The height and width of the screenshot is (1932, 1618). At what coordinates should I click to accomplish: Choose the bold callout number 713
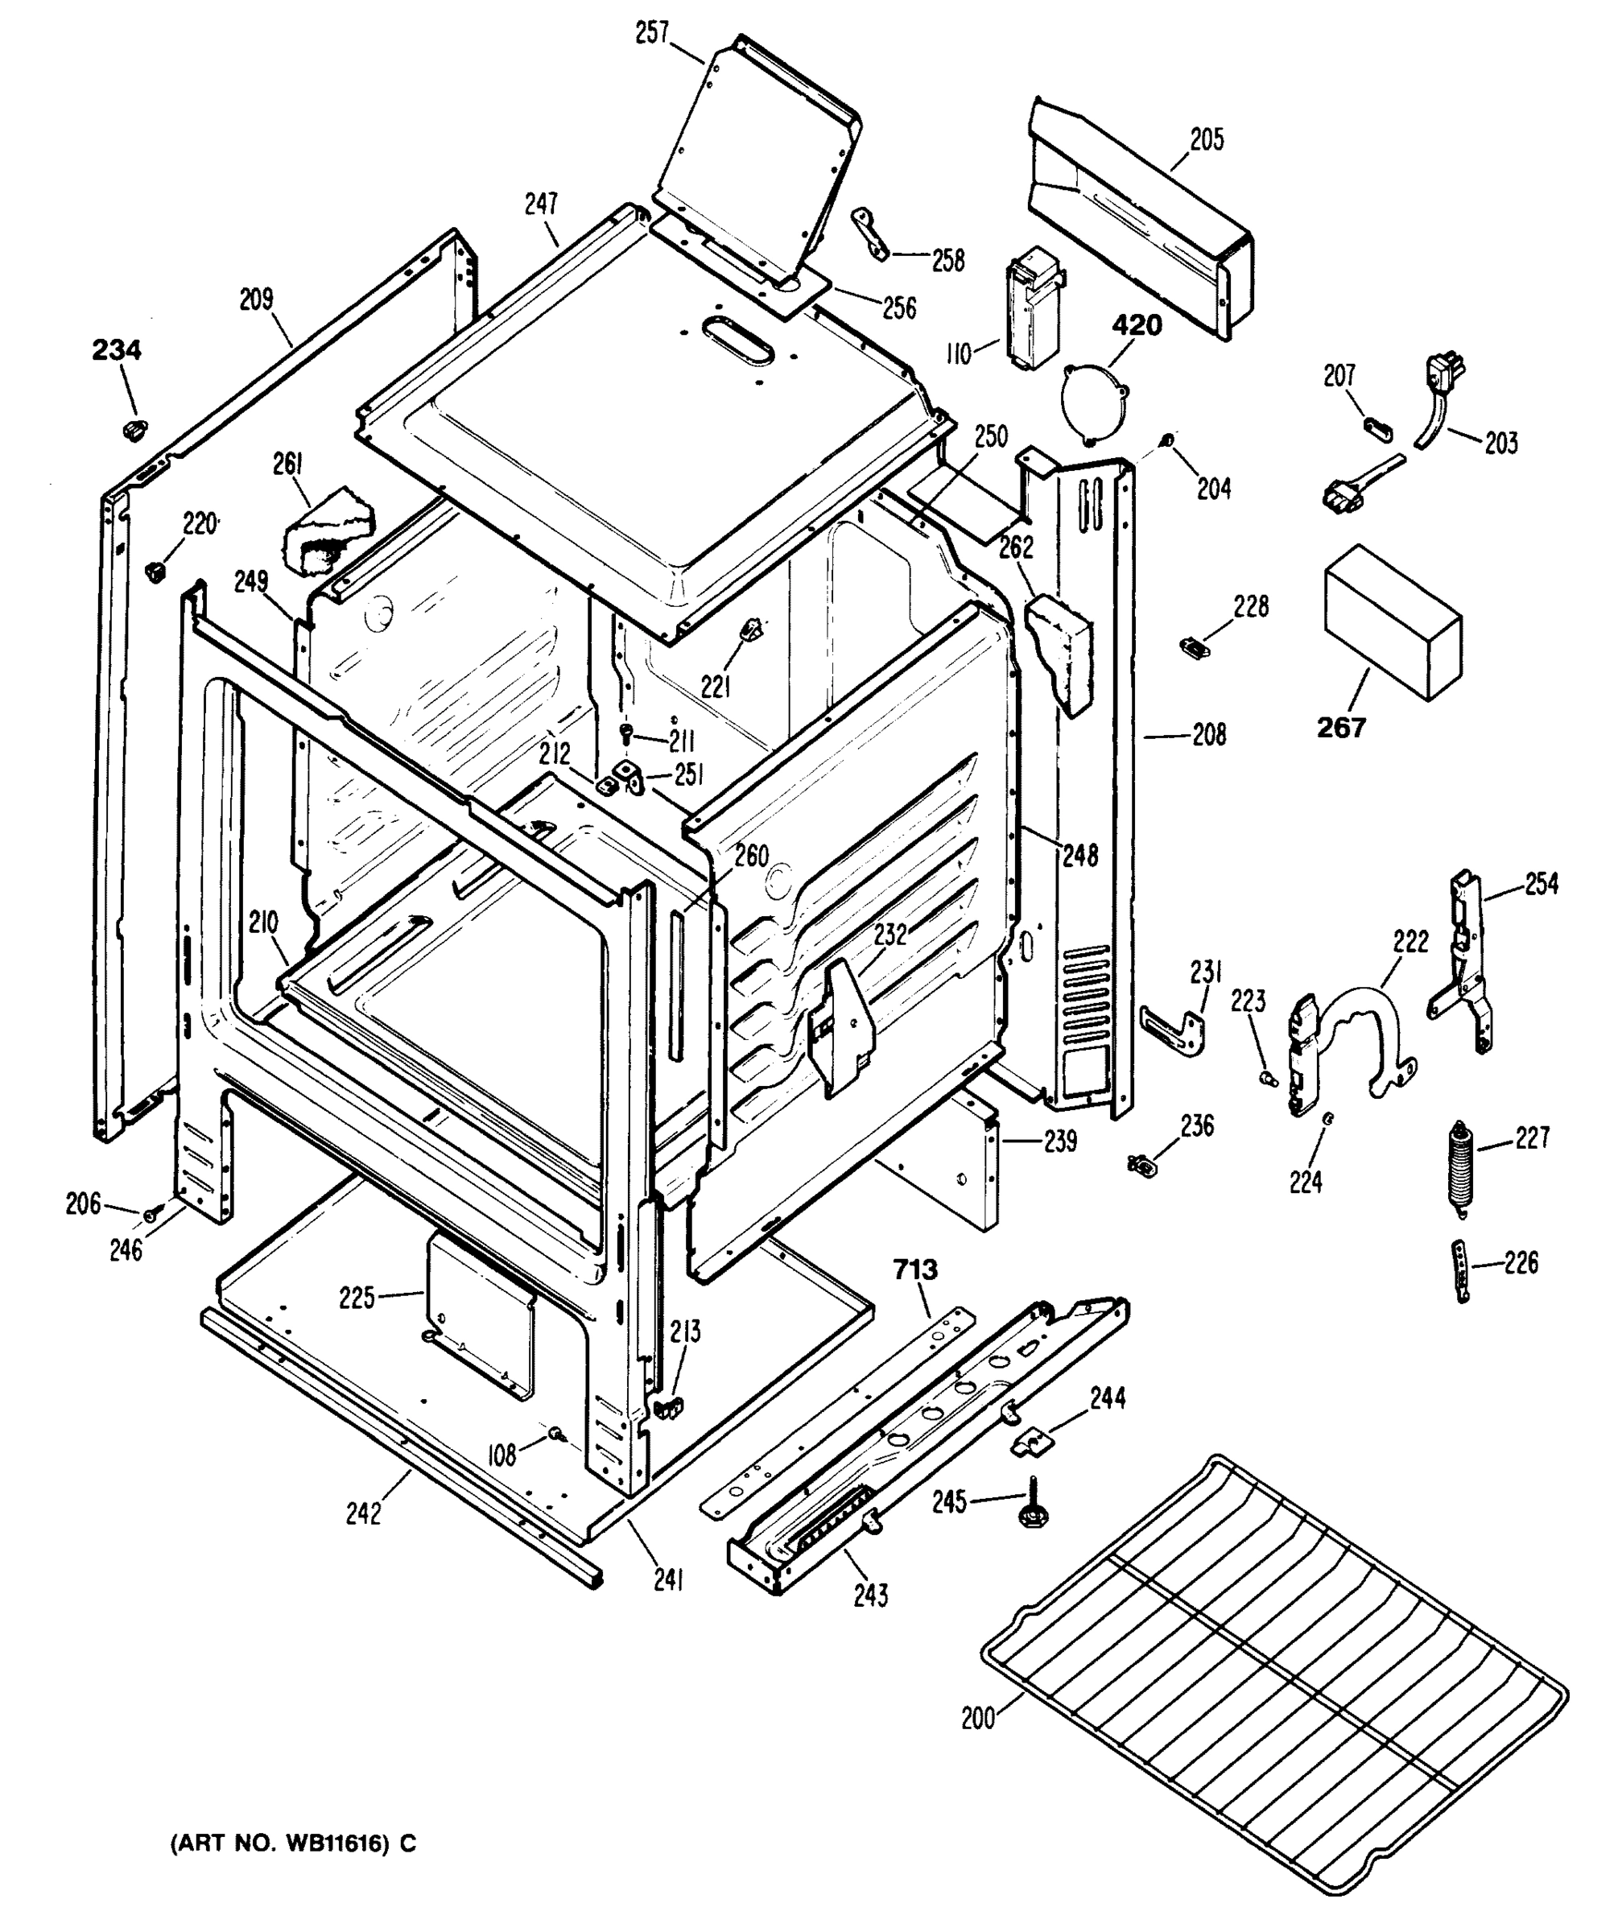point(915,1270)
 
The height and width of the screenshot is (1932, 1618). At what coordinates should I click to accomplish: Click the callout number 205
point(1206,140)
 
